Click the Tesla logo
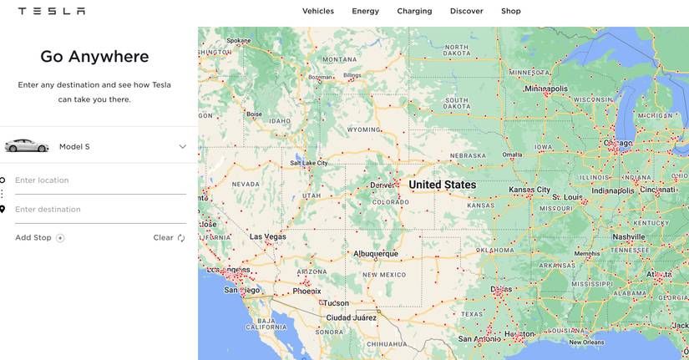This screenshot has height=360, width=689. point(51,11)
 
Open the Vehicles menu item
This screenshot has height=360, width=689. point(317,11)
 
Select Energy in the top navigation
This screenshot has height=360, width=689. point(365,11)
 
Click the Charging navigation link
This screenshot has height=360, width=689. point(414,11)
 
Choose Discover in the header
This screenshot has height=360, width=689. point(466,11)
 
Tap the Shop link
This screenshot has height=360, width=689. point(510,11)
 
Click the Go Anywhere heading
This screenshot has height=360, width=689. point(94,57)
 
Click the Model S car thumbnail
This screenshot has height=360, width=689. point(26,146)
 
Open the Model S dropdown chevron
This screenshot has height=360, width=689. point(182,147)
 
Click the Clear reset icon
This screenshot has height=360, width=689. point(181,238)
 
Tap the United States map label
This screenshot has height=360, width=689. point(442,185)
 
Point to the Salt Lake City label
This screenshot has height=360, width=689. point(308,163)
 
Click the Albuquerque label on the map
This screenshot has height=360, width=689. point(375,253)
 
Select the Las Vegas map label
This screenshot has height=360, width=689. point(267,236)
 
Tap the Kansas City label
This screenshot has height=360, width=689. point(529,190)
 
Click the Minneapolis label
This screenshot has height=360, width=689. point(545,88)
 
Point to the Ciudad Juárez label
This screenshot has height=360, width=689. point(351,317)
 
